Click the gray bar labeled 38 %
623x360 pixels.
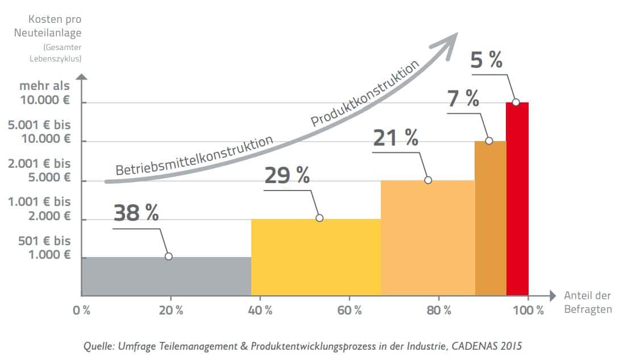tap(166, 276)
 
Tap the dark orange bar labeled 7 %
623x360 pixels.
tap(490, 218)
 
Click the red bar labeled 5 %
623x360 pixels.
tap(517, 199)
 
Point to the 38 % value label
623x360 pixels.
tap(136, 213)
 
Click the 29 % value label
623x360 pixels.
tap(287, 175)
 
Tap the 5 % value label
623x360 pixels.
tap(487, 60)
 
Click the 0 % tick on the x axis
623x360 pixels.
tap(82, 311)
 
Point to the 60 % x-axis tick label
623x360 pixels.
tap(350, 311)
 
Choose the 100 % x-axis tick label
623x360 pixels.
tap(528, 311)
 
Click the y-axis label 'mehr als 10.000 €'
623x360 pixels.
tap(45, 94)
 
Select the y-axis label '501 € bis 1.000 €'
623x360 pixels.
tap(45, 247)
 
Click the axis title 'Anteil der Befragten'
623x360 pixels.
tap(587, 303)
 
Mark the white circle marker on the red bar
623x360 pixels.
tap(516, 102)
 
